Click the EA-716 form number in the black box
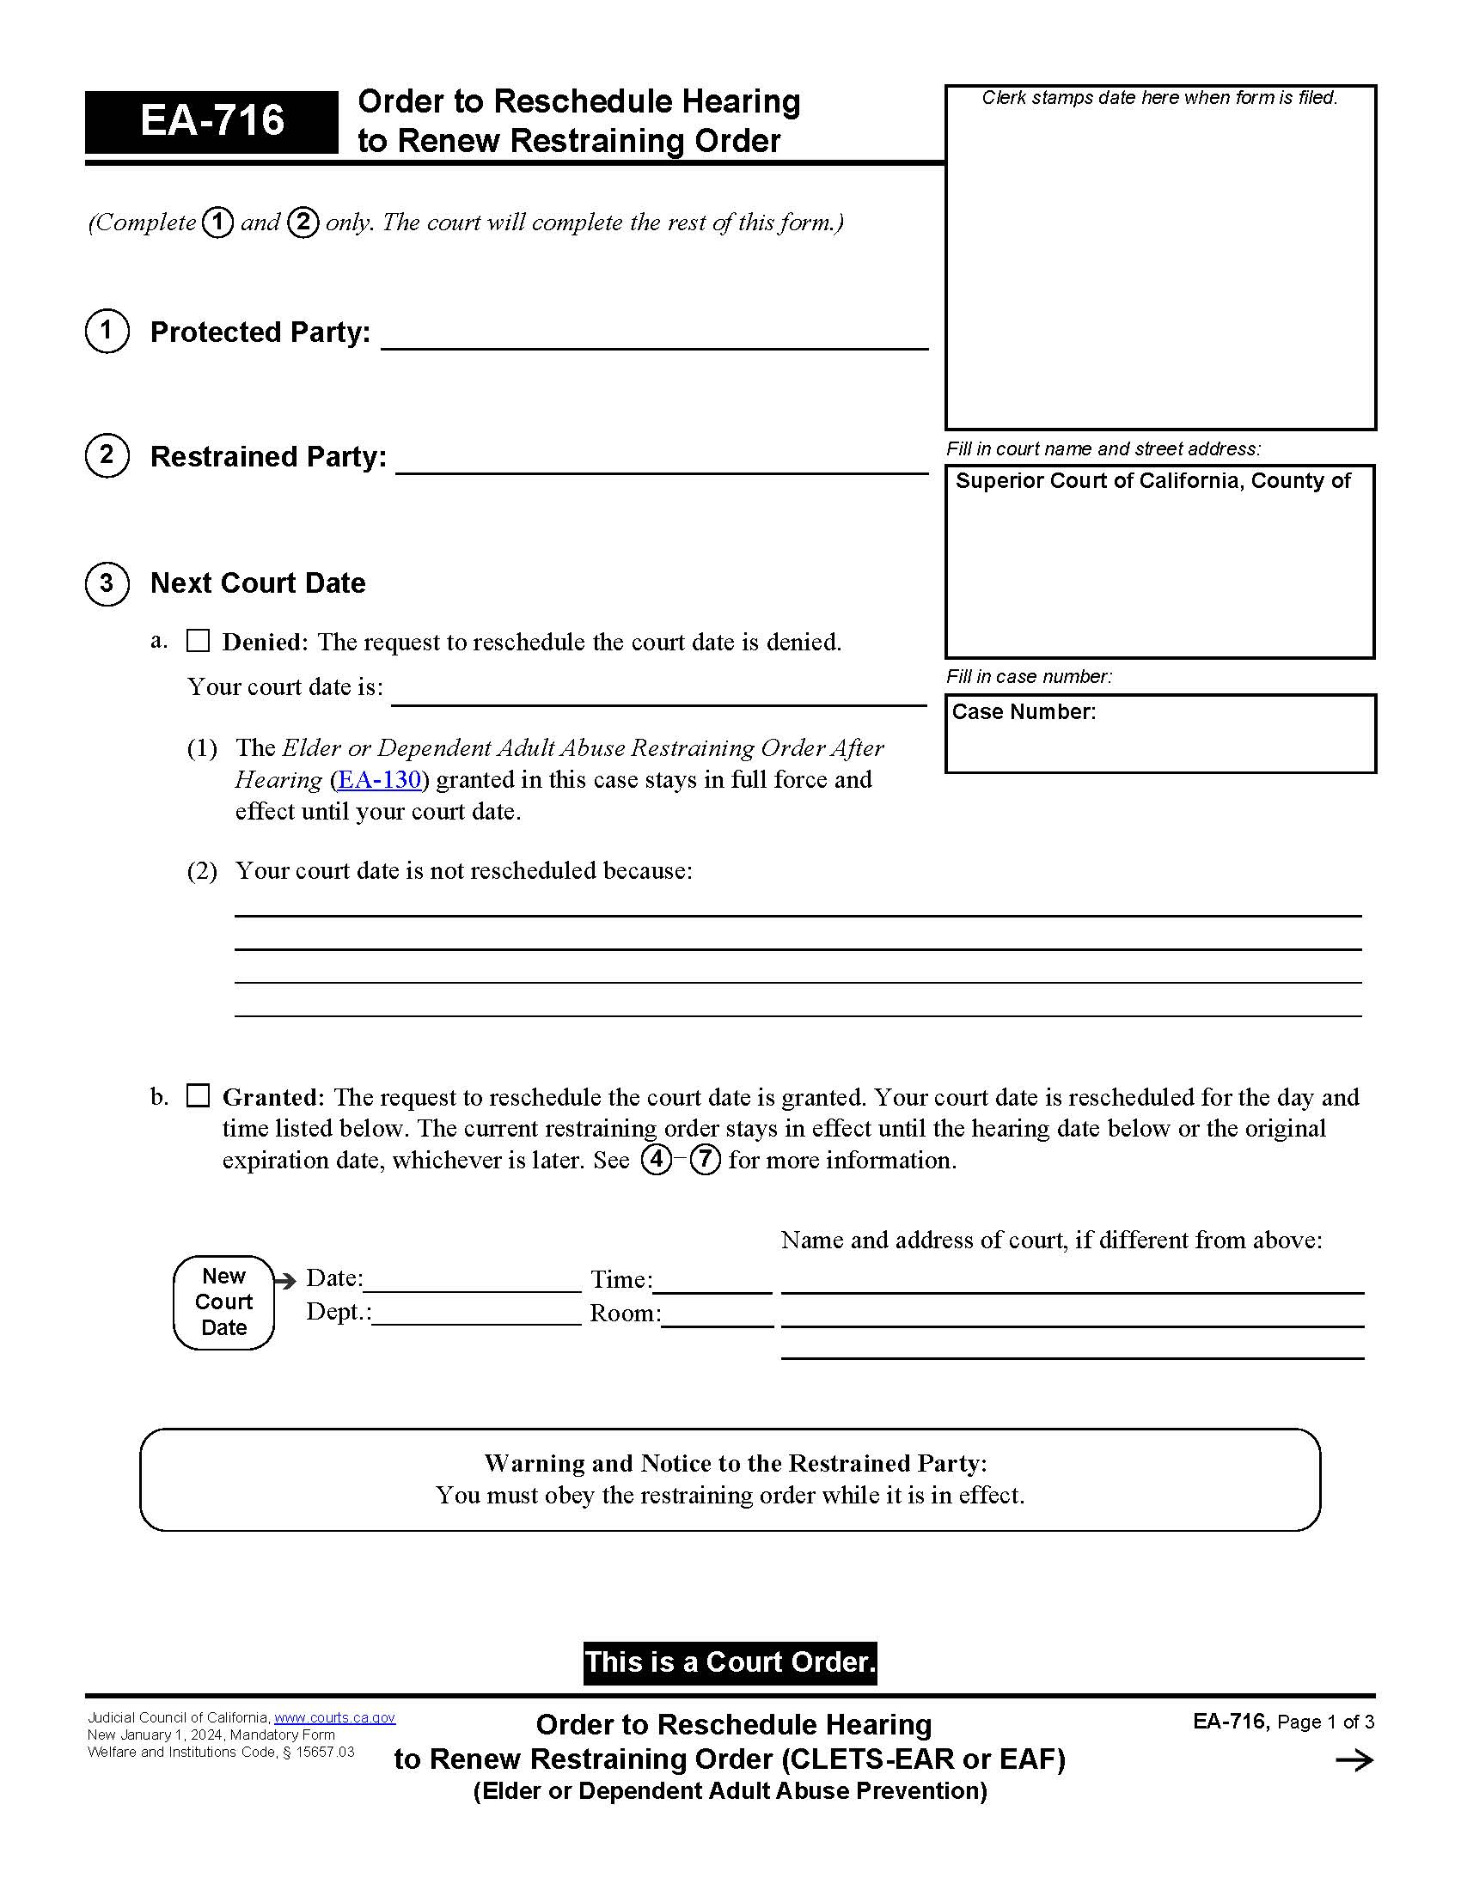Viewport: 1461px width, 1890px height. point(212,120)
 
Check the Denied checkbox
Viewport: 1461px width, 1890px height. point(199,640)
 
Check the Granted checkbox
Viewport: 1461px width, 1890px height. point(199,1095)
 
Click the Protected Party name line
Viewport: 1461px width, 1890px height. point(654,338)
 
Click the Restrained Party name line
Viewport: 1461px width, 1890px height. point(661,462)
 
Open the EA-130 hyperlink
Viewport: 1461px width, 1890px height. point(379,780)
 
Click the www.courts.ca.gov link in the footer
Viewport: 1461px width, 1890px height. point(334,1718)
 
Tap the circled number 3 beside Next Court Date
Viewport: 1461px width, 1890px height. point(107,583)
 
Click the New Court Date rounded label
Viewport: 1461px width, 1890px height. point(224,1302)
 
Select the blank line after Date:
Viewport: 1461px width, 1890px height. point(472,1282)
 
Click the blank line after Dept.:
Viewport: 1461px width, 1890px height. point(476,1314)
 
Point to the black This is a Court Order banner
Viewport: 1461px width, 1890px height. point(730,1662)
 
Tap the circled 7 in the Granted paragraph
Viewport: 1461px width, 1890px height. point(705,1159)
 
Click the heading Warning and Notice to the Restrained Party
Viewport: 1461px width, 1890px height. point(735,1463)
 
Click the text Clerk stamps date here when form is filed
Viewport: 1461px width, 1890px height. point(1159,98)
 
